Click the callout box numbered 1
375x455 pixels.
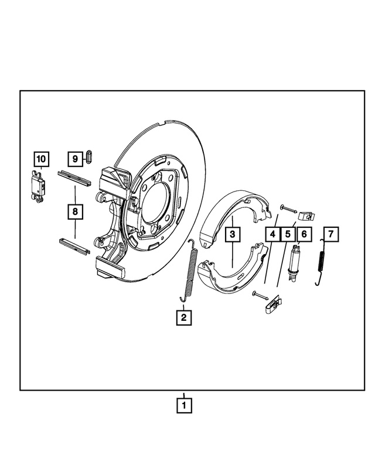(183, 405)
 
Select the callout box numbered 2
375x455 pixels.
(183, 317)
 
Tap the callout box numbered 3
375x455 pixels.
(232, 235)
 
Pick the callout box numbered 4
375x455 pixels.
(272, 235)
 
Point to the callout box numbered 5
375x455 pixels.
(288, 235)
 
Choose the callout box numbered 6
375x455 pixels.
(304, 235)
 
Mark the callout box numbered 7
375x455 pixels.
(331, 235)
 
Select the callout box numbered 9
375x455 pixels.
(75, 158)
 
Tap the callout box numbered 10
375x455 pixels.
(40, 158)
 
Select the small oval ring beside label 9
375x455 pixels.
(89, 156)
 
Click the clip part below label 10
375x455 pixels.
(37, 187)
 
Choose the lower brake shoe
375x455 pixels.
(229, 275)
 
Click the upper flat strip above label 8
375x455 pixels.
(73, 177)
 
